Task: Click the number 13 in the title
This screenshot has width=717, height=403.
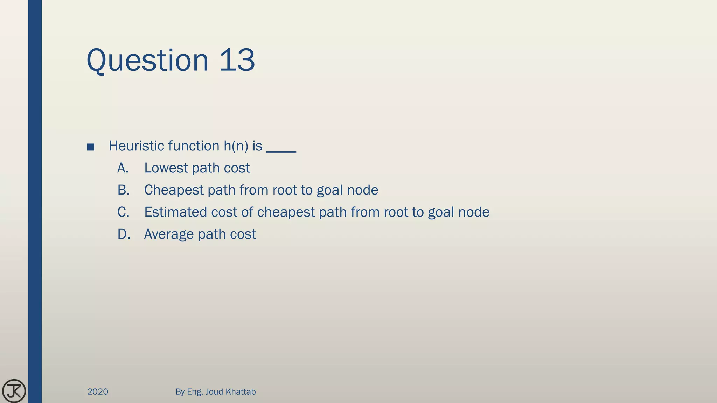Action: [x=237, y=60]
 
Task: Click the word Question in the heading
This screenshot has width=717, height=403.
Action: [x=147, y=60]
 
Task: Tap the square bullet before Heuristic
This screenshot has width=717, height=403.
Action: [x=91, y=147]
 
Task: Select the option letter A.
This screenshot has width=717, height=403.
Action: [x=123, y=168]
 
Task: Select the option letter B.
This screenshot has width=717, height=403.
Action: [x=123, y=190]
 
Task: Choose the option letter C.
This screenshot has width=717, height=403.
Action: [x=123, y=212]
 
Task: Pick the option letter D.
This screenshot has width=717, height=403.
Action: [x=124, y=234]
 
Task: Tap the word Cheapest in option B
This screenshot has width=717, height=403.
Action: [x=174, y=190]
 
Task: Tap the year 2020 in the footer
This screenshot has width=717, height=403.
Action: [x=98, y=391]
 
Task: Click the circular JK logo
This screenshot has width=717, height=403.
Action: [x=14, y=391]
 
